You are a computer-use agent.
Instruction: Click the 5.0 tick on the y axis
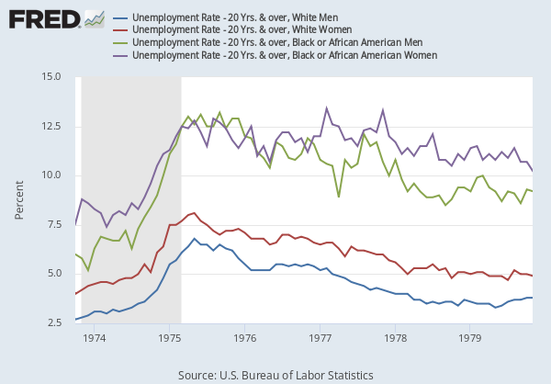click(x=52, y=274)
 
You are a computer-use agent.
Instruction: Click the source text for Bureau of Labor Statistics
click(x=275, y=374)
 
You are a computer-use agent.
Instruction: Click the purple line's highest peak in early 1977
click(x=327, y=107)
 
